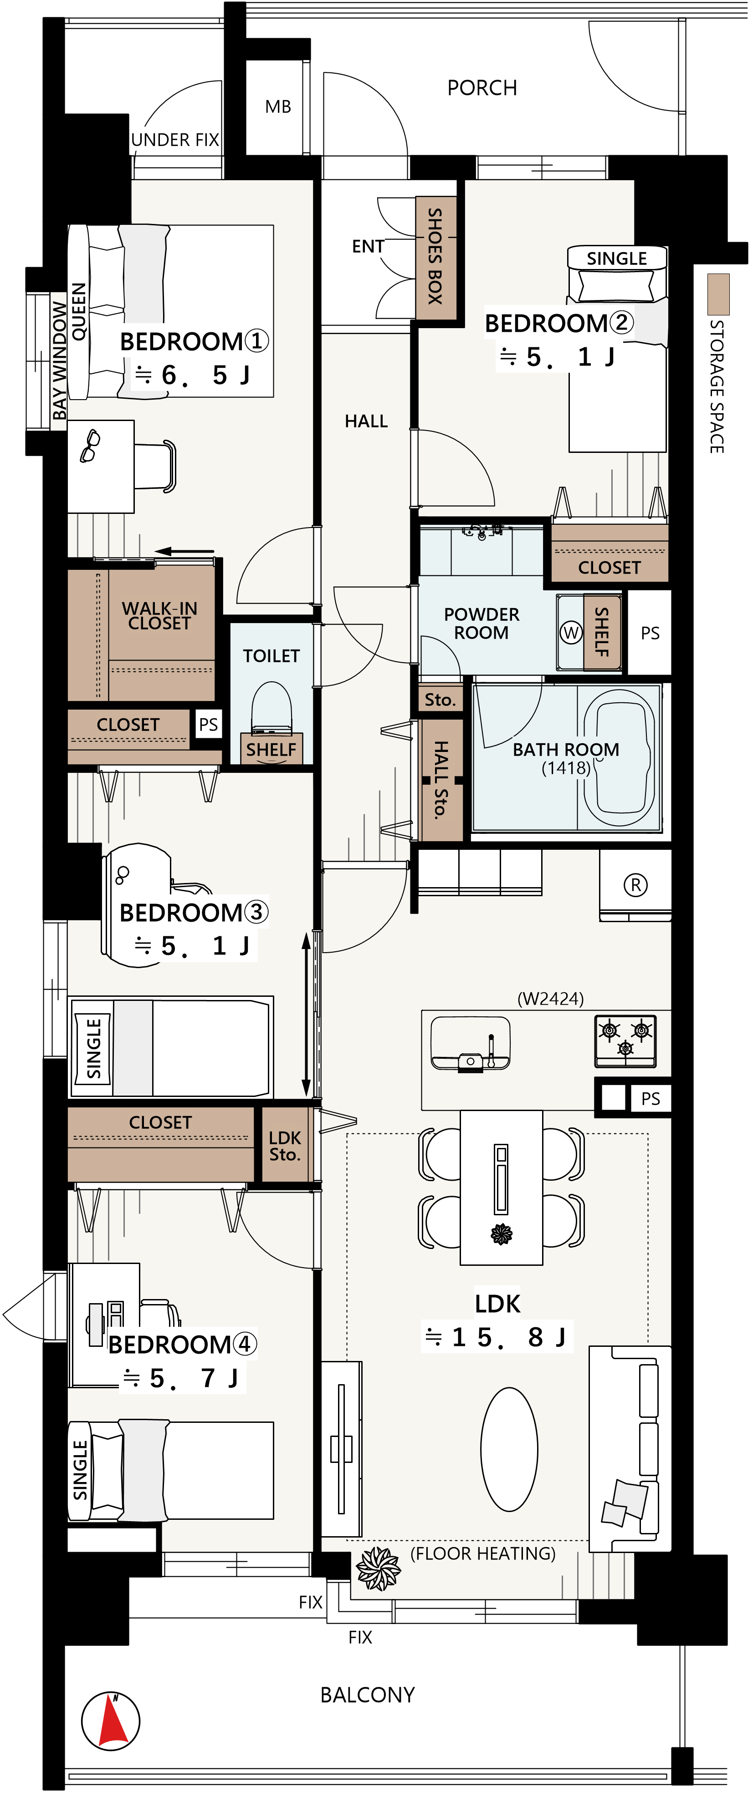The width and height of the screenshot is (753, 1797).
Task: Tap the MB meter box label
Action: point(278,107)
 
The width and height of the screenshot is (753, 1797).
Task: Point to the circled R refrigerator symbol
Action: point(635,885)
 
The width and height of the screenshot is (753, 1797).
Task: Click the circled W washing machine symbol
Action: point(571,633)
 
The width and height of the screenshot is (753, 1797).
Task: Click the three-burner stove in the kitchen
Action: point(625,1040)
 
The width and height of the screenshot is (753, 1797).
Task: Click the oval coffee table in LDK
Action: point(509,1449)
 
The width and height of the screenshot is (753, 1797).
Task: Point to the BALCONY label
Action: point(368,1695)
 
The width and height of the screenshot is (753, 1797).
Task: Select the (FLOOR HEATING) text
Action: point(483,1553)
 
